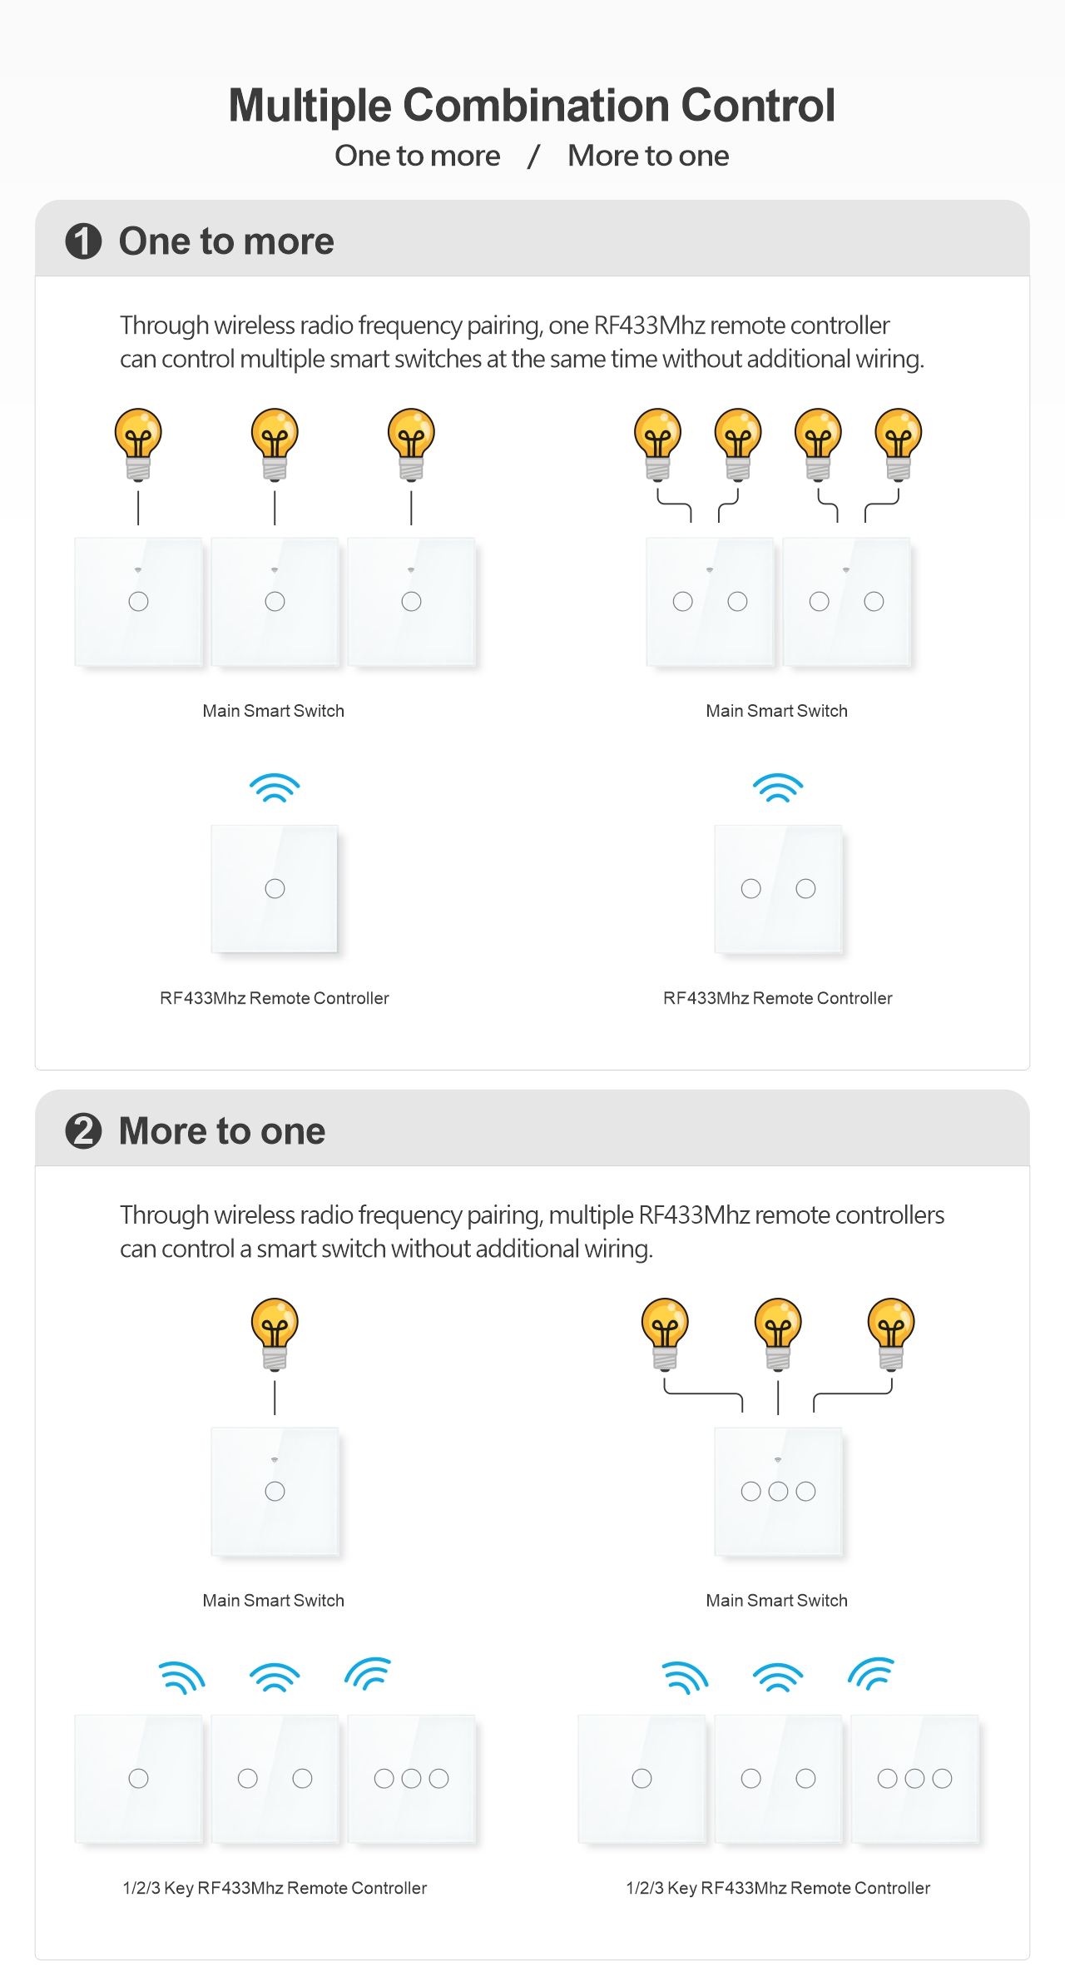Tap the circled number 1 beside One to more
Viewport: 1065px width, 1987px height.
point(83,241)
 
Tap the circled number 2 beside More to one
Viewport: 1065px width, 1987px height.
point(83,1131)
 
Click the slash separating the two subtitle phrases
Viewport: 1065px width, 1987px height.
point(533,156)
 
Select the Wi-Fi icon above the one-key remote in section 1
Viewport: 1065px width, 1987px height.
point(275,787)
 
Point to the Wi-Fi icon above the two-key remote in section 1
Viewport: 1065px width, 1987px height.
point(778,787)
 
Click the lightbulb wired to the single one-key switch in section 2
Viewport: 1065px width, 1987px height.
point(275,1332)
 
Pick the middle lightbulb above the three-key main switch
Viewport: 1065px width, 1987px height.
point(778,1332)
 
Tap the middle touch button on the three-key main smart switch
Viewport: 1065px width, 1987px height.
point(778,1491)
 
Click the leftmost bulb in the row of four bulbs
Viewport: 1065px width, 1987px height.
point(657,442)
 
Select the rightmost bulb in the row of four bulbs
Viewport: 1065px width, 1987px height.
point(899,442)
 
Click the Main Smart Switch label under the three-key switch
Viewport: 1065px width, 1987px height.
point(776,1600)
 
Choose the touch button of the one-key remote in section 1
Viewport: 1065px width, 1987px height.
point(275,888)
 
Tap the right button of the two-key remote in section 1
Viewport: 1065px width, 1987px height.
point(805,888)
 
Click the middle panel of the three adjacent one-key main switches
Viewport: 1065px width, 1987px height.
point(275,601)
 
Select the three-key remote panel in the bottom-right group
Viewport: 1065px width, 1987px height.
point(914,1778)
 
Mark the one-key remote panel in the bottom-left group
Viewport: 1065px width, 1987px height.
point(138,1778)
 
